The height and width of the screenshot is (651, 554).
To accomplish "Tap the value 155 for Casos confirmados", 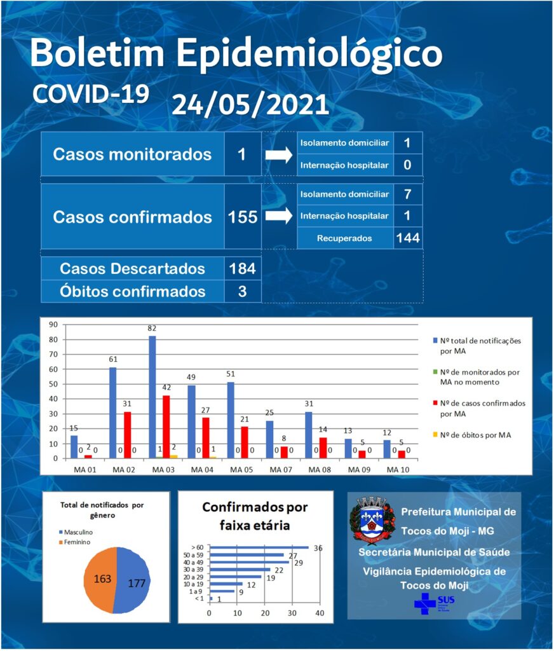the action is [243, 217].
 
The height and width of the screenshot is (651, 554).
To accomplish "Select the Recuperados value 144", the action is [408, 238].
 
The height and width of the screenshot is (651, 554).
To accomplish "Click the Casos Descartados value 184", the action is [242, 269].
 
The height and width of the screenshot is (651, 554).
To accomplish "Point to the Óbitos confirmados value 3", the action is [242, 291].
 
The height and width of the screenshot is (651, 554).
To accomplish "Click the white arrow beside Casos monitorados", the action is [279, 155].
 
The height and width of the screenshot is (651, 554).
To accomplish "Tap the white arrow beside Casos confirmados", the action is [279, 216].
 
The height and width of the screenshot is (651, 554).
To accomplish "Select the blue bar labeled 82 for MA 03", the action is [152, 397].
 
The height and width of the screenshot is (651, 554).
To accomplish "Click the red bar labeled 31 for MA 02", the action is [128, 435].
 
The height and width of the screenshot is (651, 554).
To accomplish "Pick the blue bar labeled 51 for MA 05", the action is [231, 421].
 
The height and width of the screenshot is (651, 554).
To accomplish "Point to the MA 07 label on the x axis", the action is [281, 470].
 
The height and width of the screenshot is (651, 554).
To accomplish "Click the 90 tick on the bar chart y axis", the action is [53, 325].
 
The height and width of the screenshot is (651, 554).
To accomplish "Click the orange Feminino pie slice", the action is [100, 579].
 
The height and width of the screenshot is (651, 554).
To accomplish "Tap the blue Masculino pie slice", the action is [133, 581].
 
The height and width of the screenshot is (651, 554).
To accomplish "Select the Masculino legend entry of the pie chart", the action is [76, 532].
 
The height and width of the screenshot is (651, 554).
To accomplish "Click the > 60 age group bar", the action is [259, 547].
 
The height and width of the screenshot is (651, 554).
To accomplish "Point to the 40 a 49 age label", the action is [193, 562].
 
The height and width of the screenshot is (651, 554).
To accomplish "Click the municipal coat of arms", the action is [372, 519].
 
